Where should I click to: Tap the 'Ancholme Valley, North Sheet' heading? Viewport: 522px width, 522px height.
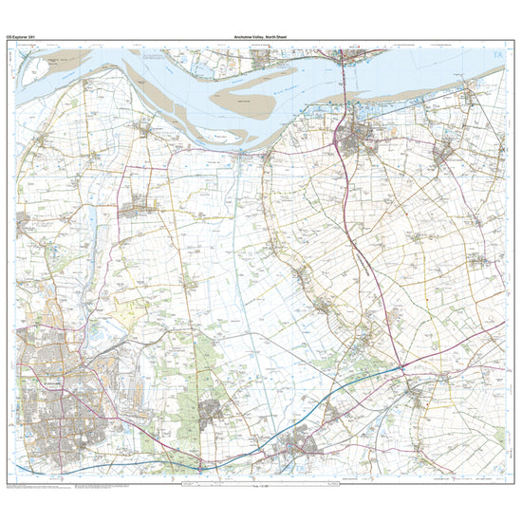(262, 36)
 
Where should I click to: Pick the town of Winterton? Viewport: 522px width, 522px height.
(142, 202)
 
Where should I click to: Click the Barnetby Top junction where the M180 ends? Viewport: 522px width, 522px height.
(402, 365)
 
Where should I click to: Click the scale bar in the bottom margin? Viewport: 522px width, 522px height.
(261, 486)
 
